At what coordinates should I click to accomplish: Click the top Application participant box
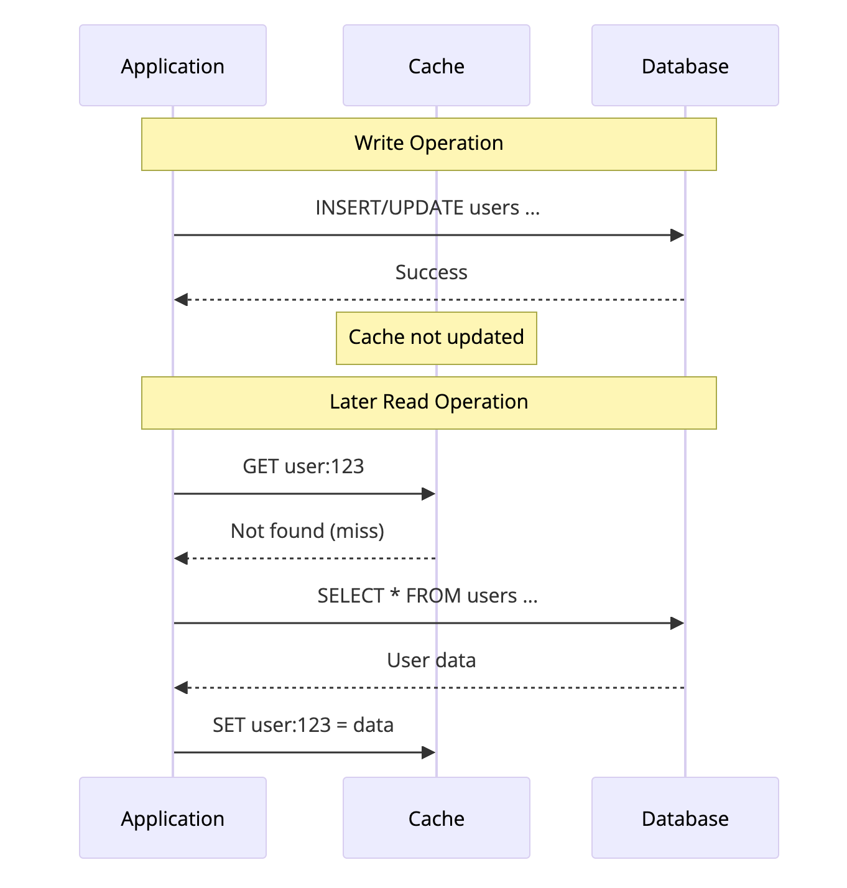173,65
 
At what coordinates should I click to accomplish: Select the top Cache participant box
436,65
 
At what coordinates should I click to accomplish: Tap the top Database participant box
685,65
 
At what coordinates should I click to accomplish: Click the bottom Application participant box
173,818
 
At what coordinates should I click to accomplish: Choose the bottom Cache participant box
436,818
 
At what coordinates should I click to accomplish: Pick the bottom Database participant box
685,818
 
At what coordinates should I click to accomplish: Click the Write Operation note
428,144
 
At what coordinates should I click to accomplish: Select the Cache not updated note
436,338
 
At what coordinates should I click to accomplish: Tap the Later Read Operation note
428,402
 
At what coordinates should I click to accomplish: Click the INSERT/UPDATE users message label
428,208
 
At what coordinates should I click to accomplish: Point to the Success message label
431,272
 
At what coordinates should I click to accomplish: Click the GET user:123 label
303,466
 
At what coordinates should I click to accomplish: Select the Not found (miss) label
307,531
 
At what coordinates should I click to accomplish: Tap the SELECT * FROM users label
428,596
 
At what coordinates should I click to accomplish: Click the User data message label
431,660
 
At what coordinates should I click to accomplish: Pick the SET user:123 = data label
303,725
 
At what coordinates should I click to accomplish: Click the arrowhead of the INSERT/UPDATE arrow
677,235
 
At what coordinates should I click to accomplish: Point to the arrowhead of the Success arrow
181,300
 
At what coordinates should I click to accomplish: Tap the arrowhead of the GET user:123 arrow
428,494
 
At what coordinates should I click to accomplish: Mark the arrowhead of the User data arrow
181,688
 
